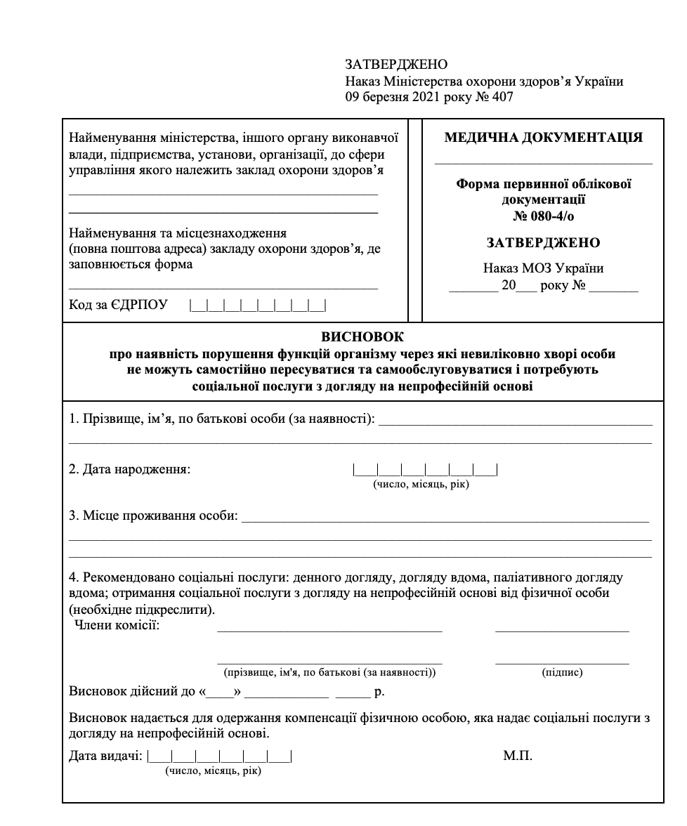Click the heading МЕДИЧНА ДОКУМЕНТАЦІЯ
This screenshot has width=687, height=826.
543,138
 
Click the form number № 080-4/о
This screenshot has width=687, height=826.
543,216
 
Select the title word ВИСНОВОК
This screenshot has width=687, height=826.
362,337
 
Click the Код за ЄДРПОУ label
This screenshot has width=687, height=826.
118,305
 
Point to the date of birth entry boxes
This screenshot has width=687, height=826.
425,469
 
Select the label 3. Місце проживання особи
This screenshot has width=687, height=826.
153,517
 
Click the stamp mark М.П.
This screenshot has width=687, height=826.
518,756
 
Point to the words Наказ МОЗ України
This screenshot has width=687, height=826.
543,268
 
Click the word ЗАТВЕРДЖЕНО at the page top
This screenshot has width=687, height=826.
396,65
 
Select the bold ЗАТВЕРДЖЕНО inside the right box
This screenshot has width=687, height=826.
543,243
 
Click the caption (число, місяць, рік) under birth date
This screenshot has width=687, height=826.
421,485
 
